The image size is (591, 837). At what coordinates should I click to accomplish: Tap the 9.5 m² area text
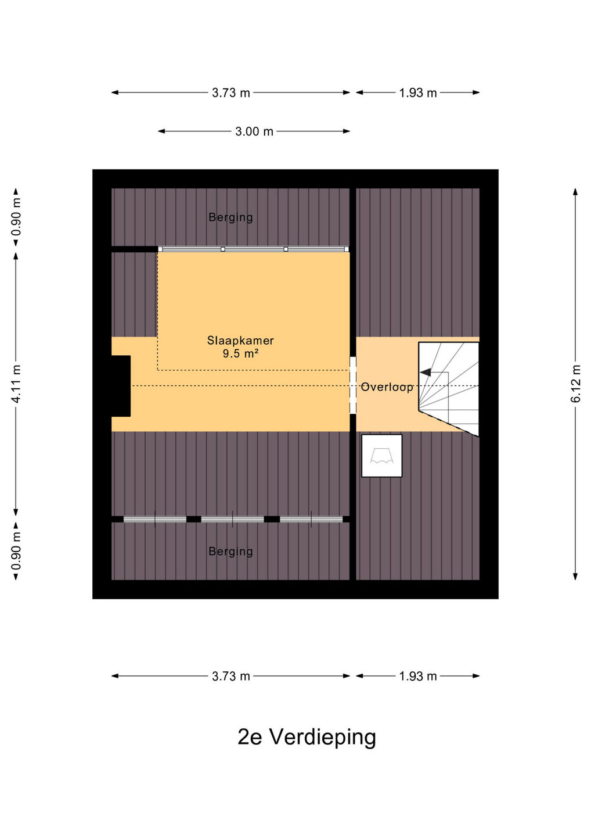point(241,353)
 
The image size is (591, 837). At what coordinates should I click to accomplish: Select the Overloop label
point(387,387)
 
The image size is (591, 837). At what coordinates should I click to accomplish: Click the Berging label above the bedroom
point(230,217)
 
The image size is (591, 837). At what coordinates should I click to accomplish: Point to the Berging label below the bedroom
point(230,551)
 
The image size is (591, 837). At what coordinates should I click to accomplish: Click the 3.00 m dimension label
point(254,131)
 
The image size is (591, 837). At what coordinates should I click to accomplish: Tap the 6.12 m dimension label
point(576,384)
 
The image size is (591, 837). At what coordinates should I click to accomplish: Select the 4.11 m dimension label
point(16,384)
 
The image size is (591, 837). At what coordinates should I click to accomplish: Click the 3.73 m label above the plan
point(231,92)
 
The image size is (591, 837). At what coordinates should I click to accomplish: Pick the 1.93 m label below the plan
point(418,677)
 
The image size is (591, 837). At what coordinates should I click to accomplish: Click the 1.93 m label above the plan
point(418,92)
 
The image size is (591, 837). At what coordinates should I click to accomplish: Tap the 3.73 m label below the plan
point(231,677)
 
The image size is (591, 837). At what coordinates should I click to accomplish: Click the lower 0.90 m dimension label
point(16,551)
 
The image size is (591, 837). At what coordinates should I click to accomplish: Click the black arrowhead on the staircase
point(426,372)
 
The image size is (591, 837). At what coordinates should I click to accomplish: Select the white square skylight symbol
point(381,456)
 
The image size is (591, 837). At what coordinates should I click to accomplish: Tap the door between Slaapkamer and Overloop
point(352,385)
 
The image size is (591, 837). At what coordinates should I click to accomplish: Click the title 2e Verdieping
point(307,737)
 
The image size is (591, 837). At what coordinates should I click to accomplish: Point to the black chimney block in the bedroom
point(121,386)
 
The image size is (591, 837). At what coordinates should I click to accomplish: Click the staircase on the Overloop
point(448,389)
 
